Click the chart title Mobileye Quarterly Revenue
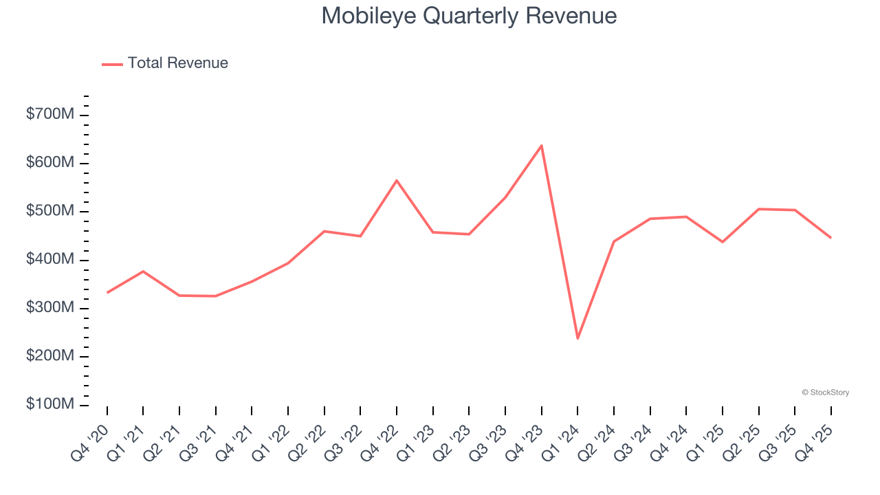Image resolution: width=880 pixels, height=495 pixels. [469, 15]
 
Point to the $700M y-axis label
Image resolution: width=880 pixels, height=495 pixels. [49, 115]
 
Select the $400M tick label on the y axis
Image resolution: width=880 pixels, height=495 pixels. [49, 260]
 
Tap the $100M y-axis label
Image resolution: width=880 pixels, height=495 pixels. [49, 404]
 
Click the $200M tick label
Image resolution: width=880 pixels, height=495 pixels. [49, 356]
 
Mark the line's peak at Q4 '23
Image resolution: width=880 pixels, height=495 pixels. [541, 146]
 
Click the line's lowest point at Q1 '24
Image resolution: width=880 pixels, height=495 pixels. [577, 338]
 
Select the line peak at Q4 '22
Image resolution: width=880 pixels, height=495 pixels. [397, 181]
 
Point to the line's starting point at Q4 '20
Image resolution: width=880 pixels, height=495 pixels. [107, 293]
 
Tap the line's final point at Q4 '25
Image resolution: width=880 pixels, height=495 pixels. [830, 238]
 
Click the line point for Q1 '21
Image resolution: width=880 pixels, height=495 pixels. [143, 272]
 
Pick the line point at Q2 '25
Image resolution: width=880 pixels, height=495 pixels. [758, 209]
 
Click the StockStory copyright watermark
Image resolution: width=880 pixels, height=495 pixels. [825, 393]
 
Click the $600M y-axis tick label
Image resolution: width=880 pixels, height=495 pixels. [49, 163]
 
